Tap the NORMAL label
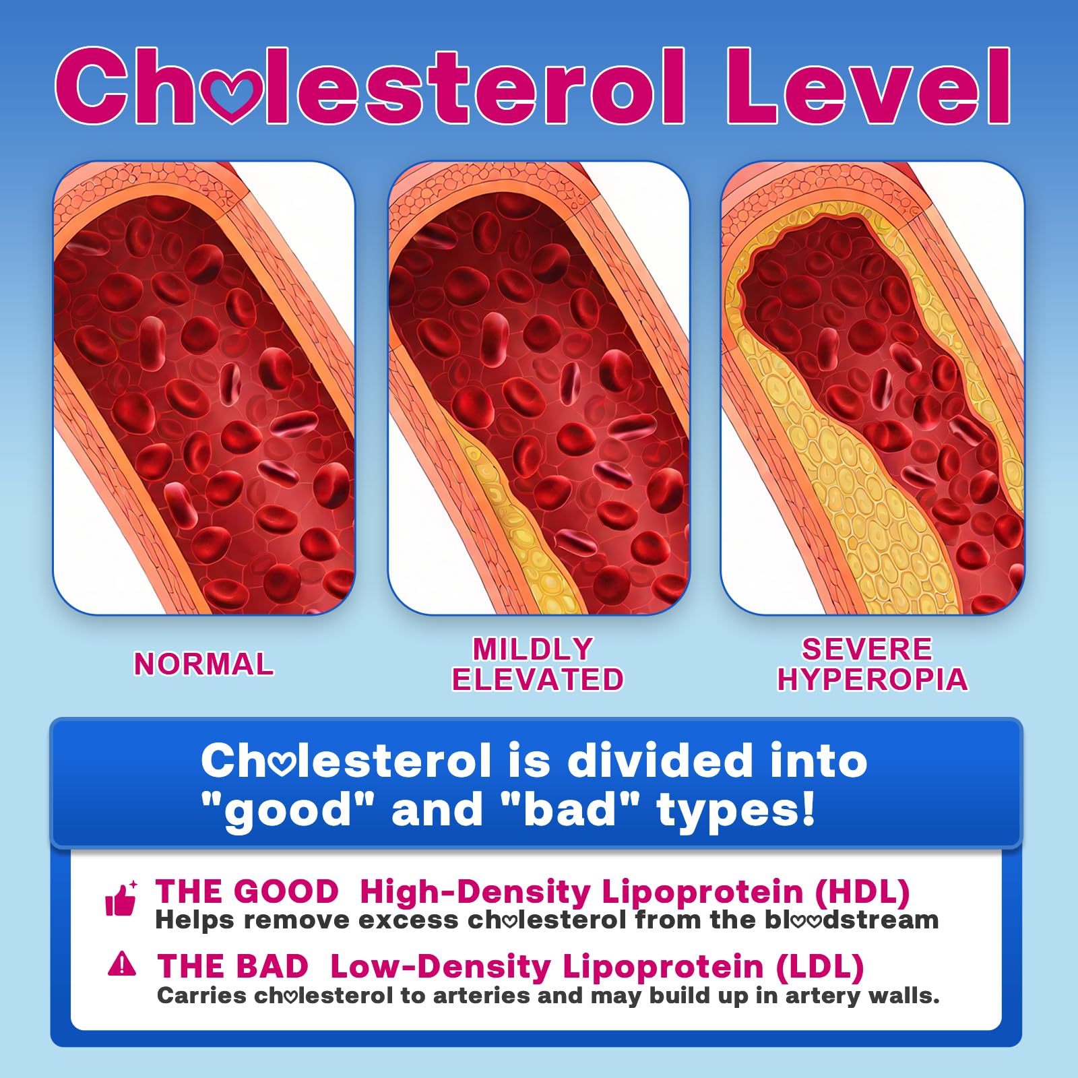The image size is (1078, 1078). pos(204,664)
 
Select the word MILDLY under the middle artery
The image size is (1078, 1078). pos(533,649)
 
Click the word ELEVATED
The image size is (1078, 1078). pos(538,679)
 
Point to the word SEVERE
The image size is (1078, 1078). pos(867,649)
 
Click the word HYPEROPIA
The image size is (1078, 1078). pos(873,679)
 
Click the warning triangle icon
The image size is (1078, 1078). pos(122,964)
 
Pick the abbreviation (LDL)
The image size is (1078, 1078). pos(820,967)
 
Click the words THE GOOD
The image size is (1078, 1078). pos(247,891)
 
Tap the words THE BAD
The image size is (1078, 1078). pos(232,967)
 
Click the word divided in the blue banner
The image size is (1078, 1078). pos(660,761)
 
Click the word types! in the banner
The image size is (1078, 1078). pos(736,811)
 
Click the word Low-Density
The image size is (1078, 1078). pos(441,967)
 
